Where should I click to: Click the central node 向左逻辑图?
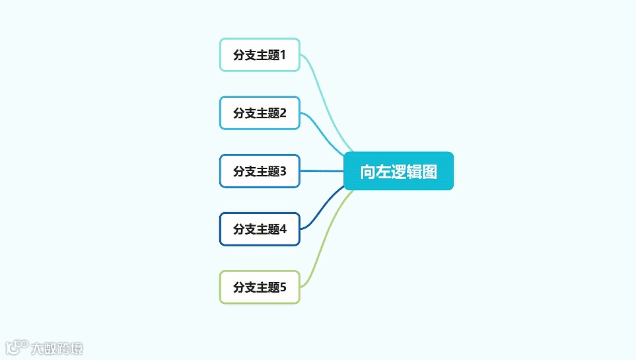point(398,171)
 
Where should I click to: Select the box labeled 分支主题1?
point(260,55)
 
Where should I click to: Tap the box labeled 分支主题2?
point(260,113)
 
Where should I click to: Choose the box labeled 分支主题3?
point(260,171)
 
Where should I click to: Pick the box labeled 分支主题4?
point(260,229)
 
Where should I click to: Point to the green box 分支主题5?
point(260,287)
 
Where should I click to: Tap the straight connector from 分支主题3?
point(322,171)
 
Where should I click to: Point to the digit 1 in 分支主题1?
point(283,55)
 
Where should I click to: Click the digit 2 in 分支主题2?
point(283,113)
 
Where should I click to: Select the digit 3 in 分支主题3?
point(283,171)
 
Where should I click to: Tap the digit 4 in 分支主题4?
point(283,229)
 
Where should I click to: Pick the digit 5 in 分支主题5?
point(283,287)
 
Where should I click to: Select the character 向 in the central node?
point(368,172)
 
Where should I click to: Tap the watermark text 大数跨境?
point(57,347)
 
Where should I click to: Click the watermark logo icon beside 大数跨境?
point(17,347)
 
